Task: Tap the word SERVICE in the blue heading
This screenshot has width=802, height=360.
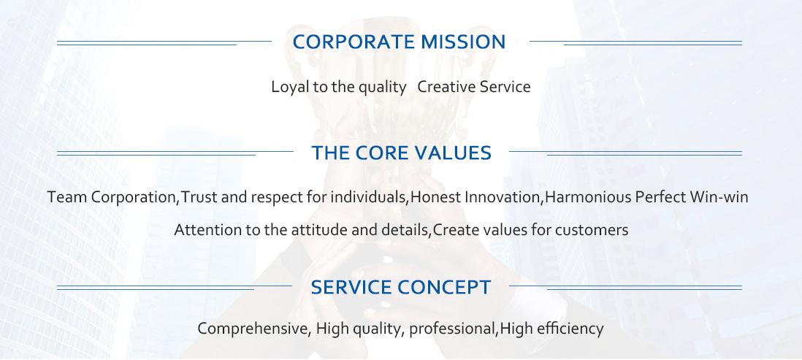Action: (x=351, y=288)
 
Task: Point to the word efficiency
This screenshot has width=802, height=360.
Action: (x=570, y=329)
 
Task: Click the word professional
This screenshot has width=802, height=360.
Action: (x=453, y=329)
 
